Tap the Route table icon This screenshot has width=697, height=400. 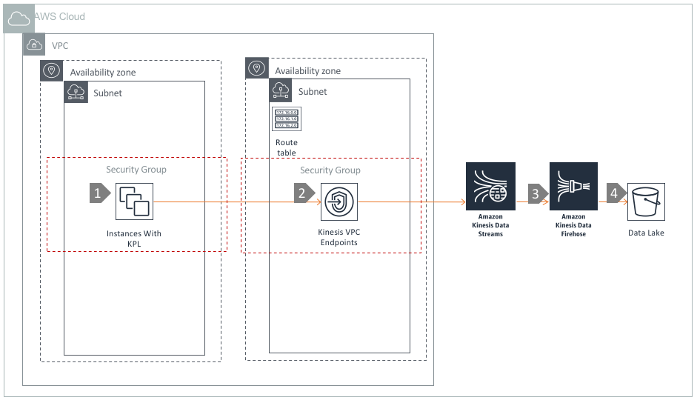coord(286,119)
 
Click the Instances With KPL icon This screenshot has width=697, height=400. coord(135,201)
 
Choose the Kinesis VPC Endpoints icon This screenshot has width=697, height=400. coord(339,201)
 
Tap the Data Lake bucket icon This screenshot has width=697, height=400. coord(647,201)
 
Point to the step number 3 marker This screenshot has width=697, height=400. coord(534,193)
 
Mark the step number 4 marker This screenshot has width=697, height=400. coord(612,193)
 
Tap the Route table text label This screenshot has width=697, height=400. coord(287,147)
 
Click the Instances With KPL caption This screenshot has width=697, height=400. coord(134,238)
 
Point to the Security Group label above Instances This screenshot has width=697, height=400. coord(136,170)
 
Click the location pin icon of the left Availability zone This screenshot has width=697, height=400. coord(52,72)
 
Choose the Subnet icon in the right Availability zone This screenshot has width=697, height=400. coord(281,91)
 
